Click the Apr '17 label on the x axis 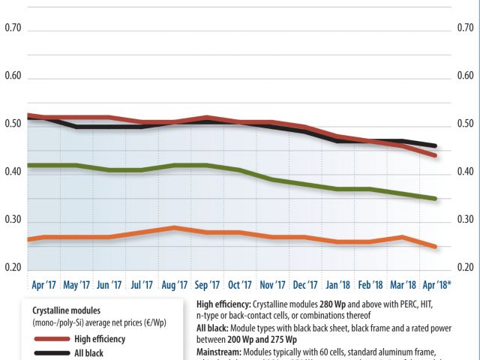coord(44,285)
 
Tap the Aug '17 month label coord(174,285)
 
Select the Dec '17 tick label coord(305,285)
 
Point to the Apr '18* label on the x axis coord(438,285)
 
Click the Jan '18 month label coord(338,285)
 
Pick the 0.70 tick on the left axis coord(13,28)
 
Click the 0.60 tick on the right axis coord(466,76)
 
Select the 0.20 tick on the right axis coord(466,268)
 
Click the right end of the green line coord(436,199)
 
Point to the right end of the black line coord(436,146)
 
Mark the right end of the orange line coord(436,246)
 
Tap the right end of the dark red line coord(436,155)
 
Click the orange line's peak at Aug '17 coord(174,227)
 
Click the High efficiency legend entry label coord(100,339)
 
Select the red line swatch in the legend coord(50,339)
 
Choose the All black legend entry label coord(88,352)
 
